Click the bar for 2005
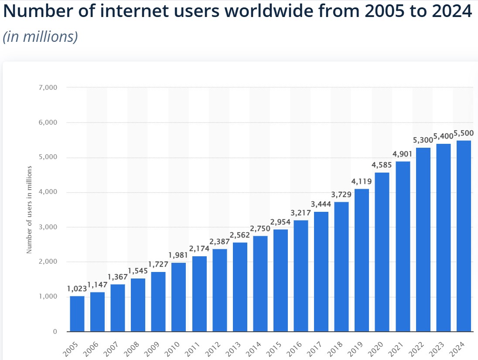click(x=77, y=314)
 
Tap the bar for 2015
click(x=280, y=280)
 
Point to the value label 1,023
click(x=77, y=289)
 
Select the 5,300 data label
click(x=423, y=140)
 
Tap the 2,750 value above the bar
click(x=260, y=229)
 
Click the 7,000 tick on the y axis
click(x=48, y=88)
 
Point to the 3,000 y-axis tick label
click(x=48, y=227)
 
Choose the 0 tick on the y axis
click(x=55, y=332)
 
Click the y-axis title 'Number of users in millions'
click(x=30, y=209)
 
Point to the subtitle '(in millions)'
click(x=40, y=37)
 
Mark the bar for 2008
click(x=138, y=305)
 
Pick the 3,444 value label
click(x=321, y=204)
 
